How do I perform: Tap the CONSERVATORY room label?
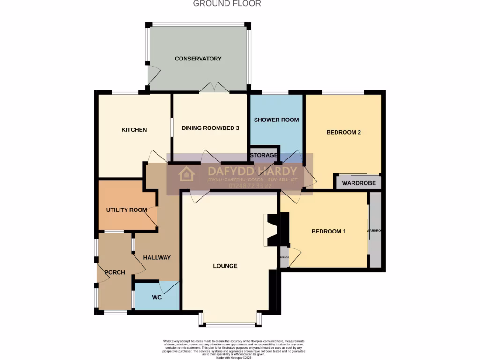(198, 59)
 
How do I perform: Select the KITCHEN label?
(134, 130)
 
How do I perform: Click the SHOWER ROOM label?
(276, 120)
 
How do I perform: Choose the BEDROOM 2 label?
(344, 132)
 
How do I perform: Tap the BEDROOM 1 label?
(329, 231)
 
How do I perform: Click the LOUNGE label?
(225, 266)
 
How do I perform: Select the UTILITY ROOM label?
(127, 210)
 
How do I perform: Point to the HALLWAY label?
(157, 257)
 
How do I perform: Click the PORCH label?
(114, 272)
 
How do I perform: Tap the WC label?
(157, 297)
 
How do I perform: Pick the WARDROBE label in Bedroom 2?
(359, 183)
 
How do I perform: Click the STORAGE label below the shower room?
(264, 155)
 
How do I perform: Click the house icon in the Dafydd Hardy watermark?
(187, 173)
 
